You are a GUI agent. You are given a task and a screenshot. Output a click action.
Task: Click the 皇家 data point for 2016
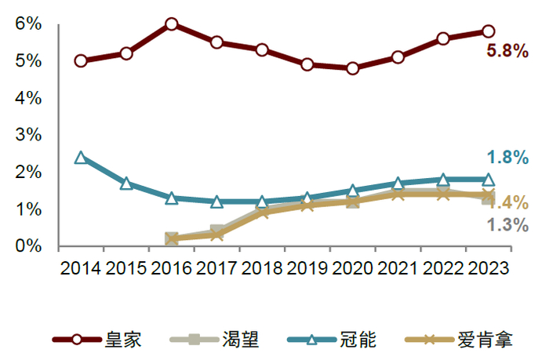(171, 24)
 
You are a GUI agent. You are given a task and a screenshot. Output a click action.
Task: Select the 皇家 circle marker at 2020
(352, 68)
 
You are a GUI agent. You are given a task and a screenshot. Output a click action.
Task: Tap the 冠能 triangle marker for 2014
(81, 158)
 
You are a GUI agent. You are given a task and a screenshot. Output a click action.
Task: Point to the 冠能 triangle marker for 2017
(216, 202)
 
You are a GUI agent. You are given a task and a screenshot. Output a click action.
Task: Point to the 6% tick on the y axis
(28, 24)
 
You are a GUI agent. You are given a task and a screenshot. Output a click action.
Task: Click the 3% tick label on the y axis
(28, 135)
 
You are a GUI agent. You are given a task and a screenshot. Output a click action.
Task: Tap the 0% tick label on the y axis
(28, 246)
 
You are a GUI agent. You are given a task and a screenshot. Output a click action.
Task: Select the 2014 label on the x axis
(81, 267)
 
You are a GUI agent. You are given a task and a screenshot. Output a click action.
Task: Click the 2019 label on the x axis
(307, 267)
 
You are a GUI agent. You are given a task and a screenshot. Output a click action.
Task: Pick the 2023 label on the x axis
(487, 267)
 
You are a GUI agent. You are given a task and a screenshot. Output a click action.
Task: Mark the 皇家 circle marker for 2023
(488, 31)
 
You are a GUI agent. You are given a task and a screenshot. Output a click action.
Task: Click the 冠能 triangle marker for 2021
(398, 184)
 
